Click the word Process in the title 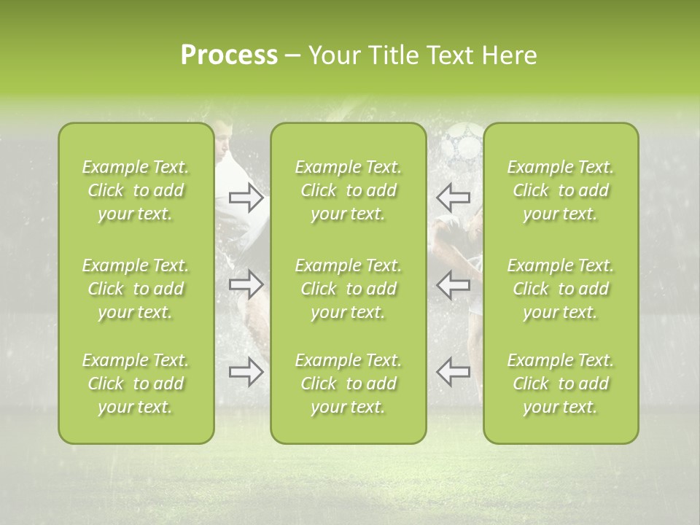(229, 55)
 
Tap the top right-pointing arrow (246, 197)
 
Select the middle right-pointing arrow (246, 284)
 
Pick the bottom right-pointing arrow (246, 371)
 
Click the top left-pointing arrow (453, 197)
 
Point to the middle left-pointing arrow (453, 284)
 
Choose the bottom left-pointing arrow (453, 371)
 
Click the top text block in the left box (136, 190)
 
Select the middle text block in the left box (136, 289)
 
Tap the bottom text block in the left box (136, 384)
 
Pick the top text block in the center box (349, 190)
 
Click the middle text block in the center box (349, 289)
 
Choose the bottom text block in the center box (349, 384)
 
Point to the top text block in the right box (561, 190)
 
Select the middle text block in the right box (561, 289)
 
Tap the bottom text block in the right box (561, 384)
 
